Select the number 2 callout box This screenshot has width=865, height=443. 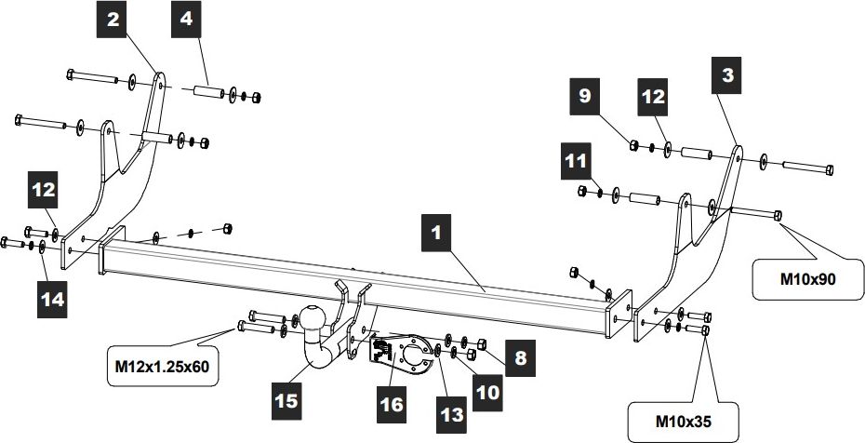(112, 20)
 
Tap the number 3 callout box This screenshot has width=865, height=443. (729, 77)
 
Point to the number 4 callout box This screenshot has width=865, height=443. (186, 20)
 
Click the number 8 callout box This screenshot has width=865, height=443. (519, 356)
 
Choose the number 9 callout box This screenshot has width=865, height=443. (584, 96)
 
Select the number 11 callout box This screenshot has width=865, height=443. (577, 161)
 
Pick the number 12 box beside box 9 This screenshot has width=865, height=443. (651, 96)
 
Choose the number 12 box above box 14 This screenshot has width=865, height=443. (45, 189)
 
